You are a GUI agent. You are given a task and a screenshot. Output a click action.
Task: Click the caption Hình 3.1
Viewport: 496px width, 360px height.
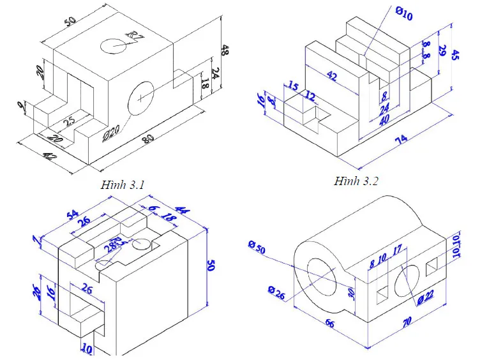pyautogui.click(x=123, y=185)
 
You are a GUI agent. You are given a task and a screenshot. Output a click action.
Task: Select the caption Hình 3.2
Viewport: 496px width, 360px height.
pyautogui.click(x=356, y=181)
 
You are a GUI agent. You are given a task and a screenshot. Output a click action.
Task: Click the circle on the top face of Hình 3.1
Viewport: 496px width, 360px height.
pyautogui.click(x=114, y=45)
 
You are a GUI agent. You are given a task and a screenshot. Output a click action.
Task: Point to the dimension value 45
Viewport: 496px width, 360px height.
pyautogui.click(x=455, y=55)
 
